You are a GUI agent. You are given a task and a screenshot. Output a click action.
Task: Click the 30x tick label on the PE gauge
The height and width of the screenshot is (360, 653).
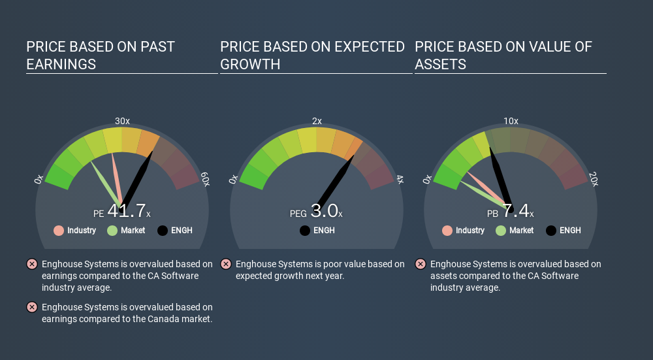(x=122, y=121)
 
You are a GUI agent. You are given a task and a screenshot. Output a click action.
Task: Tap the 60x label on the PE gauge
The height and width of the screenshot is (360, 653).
(x=205, y=179)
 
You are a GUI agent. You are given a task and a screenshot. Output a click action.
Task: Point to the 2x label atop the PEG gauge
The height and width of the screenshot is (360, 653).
(x=317, y=121)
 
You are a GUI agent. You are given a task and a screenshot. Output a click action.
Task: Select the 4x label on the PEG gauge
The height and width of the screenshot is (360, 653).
(x=400, y=179)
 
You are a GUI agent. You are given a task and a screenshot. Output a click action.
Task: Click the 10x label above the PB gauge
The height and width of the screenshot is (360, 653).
(x=511, y=121)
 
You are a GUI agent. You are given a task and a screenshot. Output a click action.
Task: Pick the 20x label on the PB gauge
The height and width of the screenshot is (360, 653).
(x=594, y=179)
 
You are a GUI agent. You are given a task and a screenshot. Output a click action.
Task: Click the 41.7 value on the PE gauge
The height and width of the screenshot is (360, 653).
(x=127, y=211)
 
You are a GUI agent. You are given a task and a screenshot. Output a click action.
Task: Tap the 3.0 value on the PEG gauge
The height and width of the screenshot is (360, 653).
(x=324, y=211)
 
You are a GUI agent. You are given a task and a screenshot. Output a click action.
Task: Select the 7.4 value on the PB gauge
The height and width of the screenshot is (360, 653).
(x=516, y=211)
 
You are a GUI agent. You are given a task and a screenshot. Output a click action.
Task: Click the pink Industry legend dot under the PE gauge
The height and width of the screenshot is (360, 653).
(x=59, y=231)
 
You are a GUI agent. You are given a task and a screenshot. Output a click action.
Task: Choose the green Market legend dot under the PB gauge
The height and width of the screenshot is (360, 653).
(x=501, y=231)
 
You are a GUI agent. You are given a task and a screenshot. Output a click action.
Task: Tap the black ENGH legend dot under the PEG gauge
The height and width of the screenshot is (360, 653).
(x=305, y=231)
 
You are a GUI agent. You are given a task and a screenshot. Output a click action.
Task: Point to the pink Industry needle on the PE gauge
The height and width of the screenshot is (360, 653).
(x=117, y=180)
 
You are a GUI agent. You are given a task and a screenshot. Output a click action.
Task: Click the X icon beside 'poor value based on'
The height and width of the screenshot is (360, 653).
(x=226, y=264)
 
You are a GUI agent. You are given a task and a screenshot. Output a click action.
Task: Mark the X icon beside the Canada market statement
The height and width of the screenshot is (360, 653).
(x=31, y=308)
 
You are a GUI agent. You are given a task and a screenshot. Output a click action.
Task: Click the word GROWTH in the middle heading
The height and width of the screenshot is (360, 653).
(x=250, y=64)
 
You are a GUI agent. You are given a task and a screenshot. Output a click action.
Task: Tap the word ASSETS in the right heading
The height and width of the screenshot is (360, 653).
(x=440, y=64)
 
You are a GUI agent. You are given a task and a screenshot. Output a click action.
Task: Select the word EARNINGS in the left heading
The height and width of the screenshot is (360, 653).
(x=61, y=64)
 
